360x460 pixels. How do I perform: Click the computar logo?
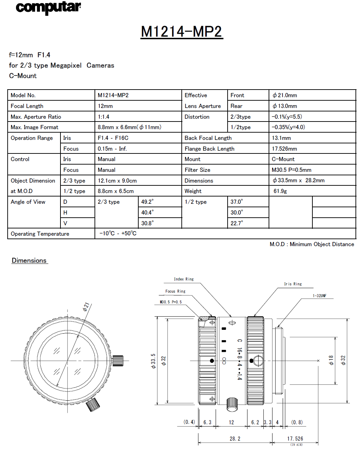point(48,8)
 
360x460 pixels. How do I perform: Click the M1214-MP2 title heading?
point(181,32)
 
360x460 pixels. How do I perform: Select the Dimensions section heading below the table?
point(29,261)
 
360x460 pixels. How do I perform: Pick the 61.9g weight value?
point(280,191)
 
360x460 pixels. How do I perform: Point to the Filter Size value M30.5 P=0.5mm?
point(291,170)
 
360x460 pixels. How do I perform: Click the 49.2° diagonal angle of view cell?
point(147,202)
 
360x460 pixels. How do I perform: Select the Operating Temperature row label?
point(40,234)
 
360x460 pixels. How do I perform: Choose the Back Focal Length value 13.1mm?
point(281,138)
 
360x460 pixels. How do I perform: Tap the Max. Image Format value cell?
point(129,127)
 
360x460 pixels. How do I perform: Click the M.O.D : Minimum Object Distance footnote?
point(312,244)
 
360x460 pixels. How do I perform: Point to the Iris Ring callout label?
point(293,284)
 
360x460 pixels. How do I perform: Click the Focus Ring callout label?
point(175,291)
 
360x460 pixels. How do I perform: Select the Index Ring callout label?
point(184,279)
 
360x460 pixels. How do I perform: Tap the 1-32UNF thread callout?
point(319,296)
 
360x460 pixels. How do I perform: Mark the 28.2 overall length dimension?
point(235,439)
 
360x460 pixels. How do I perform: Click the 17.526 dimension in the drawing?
point(295,439)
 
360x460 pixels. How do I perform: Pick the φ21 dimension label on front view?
point(86,307)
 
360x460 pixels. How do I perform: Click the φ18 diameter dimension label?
point(331,360)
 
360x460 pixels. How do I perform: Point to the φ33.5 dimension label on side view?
point(153,361)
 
